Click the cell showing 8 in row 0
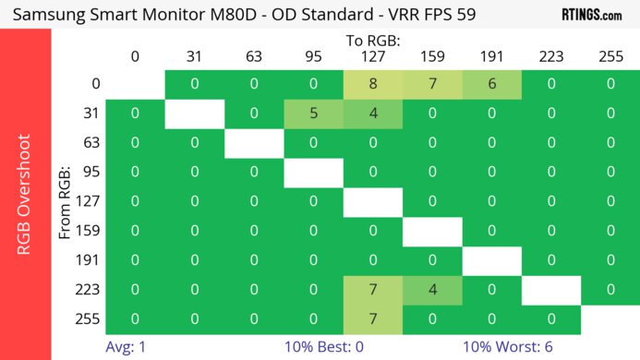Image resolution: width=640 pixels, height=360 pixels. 372,84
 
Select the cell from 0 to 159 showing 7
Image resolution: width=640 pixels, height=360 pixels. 431,84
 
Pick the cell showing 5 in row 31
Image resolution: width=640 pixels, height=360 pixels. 313,114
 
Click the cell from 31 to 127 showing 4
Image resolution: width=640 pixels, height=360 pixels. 372,114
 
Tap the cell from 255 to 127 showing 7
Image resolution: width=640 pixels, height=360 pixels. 372,319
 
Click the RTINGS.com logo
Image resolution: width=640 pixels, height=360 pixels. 592,15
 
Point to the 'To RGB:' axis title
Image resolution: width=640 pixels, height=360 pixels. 372,41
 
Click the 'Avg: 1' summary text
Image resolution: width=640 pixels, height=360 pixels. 127,346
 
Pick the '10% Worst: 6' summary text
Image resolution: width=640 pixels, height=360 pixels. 509,346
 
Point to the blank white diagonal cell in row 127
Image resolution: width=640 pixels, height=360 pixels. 372,202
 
